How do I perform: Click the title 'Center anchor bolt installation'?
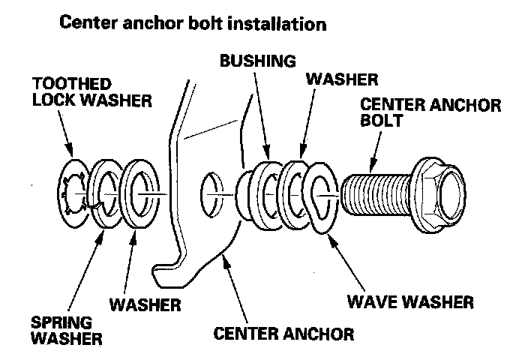click(x=193, y=23)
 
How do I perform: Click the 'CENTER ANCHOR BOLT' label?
click(x=430, y=112)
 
